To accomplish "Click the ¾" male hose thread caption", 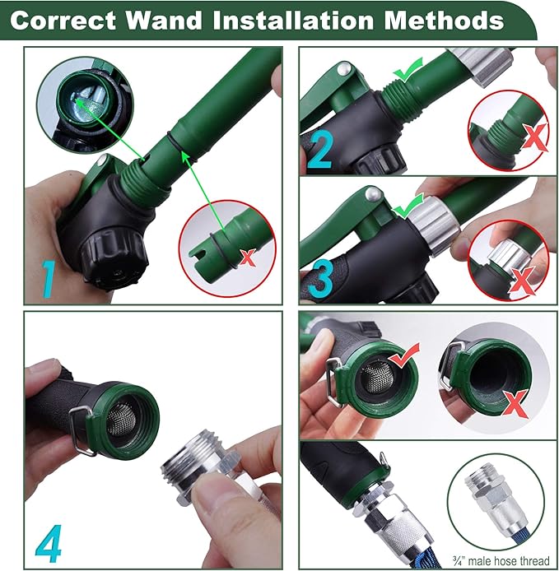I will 501,559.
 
